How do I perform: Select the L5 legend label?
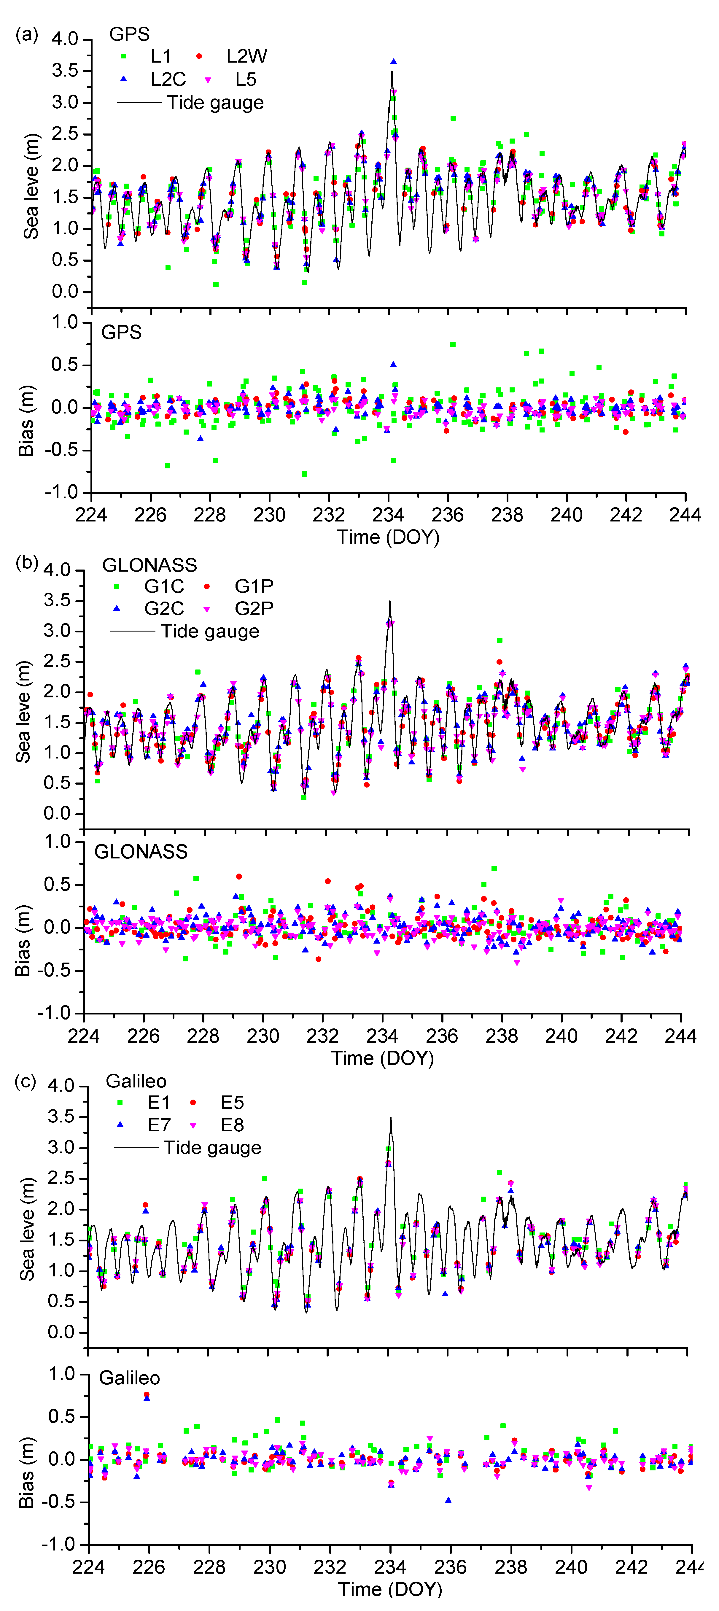coord(246,79)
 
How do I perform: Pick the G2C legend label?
coord(164,608)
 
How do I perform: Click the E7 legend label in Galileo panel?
coord(159,1125)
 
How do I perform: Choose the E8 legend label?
coord(232,1125)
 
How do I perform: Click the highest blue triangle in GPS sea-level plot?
coord(393,61)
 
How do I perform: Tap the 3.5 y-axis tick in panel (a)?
coord(65,71)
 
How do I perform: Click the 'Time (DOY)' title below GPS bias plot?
coord(388,537)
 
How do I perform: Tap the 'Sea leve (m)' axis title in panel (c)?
coord(27,1230)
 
